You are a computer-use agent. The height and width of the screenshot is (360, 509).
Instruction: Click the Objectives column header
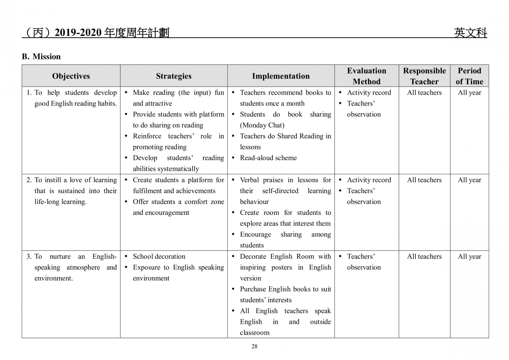click(x=71, y=76)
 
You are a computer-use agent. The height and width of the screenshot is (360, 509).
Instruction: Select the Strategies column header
click(x=174, y=76)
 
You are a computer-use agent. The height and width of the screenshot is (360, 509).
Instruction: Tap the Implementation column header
click(x=281, y=76)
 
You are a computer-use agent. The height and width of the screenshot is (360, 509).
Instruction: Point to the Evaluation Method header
click(x=367, y=76)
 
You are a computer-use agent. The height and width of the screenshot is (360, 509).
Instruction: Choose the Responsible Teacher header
click(x=424, y=76)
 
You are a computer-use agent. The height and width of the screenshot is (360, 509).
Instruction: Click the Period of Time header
click(x=469, y=76)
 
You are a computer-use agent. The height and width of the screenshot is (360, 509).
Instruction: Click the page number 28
click(x=254, y=346)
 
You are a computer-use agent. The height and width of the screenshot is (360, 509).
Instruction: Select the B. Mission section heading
click(x=41, y=57)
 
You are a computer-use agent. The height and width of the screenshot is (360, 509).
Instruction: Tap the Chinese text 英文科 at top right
click(x=470, y=33)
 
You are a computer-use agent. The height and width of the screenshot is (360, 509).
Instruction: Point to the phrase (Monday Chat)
click(x=262, y=125)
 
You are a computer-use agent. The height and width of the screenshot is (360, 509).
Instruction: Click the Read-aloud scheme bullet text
click(x=268, y=158)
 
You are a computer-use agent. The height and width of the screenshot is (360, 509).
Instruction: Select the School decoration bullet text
click(x=159, y=257)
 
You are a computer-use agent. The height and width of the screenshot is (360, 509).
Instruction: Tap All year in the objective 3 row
click(x=469, y=257)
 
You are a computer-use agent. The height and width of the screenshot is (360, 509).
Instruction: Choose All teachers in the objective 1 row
click(x=424, y=93)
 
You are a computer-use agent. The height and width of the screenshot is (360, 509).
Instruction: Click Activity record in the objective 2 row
click(x=369, y=180)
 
